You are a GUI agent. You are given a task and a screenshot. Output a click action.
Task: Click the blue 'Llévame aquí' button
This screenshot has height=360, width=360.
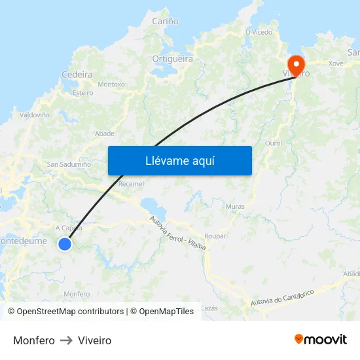[x=180, y=160]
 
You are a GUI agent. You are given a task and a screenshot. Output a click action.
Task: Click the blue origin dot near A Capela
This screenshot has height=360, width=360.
[x=65, y=244]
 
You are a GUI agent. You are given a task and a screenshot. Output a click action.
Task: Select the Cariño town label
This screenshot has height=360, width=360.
[x=165, y=22]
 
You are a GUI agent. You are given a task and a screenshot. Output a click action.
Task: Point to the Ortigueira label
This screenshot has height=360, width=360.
[x=173, y=59]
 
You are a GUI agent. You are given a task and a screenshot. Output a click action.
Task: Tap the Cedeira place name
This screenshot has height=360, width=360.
[x=77, y=75]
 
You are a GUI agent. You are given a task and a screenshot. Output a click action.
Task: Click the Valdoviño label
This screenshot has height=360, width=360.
[x=35, y=115]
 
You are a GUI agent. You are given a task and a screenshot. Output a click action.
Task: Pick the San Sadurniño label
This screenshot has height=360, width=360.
[x=69, y=165]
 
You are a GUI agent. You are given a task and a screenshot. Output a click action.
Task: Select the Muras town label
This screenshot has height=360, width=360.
[x=234, y=206]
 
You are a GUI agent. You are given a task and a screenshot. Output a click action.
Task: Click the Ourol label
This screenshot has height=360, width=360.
[x=274, y=143]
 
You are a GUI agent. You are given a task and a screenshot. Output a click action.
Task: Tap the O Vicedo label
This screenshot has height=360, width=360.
[x=259, y=31]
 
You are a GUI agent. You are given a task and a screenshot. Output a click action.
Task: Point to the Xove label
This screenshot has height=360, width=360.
[x=336, y=63]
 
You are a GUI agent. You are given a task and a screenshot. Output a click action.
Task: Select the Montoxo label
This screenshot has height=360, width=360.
[x=111, y=84]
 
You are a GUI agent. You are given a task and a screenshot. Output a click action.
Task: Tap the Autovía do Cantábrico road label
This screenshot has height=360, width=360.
[x=283, y=298]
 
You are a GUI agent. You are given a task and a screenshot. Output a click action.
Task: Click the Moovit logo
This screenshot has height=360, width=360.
[x=320, y=340]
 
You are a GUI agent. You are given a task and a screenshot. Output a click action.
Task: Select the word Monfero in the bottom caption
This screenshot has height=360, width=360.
[x=34, y=340]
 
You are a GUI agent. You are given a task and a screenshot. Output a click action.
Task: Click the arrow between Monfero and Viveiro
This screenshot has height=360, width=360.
[x=66, y=340]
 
